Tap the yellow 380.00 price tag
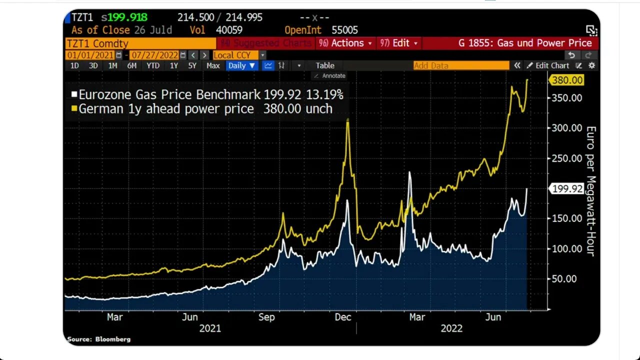click(566, 80)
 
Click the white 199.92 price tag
click(566, 188)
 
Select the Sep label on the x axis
click(266, 317)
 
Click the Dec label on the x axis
click(343, 317)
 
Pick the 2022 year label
click(451, 328)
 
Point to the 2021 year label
click(210, 328)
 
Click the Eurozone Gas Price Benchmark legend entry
click(207, 94)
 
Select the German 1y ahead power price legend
click(202, 108)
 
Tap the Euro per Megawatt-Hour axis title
click(590, 191)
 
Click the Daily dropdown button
click(242, 65)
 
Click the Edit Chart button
click(548, 65)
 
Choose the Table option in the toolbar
click(325, 65)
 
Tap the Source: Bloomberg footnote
click(99, 339)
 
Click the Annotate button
click(329, 75)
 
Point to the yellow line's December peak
click(347, 119)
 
